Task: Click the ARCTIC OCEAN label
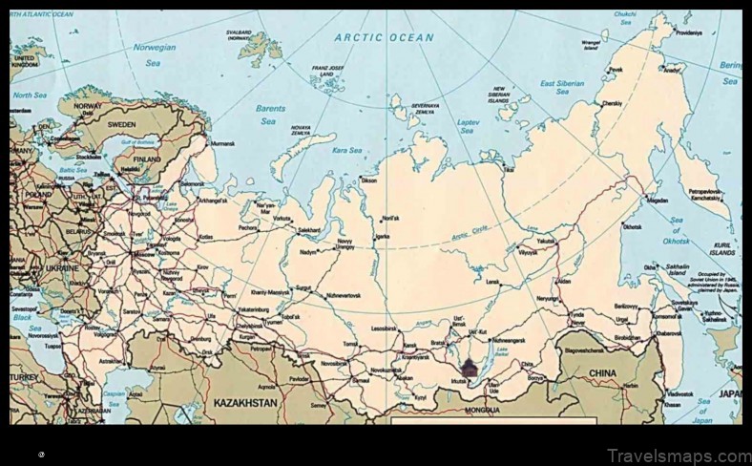coord(384,38)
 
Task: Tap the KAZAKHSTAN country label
coord(245,403)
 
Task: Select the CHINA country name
coord(602,372)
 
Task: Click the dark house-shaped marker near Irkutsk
coord(469,367)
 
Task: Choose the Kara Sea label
coord(346,150)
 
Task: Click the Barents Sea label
coord(270,115)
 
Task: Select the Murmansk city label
coord(221,144)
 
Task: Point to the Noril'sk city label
coord(390,218)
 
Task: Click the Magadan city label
coord(657,201)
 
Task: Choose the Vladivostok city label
coord(679,393)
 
